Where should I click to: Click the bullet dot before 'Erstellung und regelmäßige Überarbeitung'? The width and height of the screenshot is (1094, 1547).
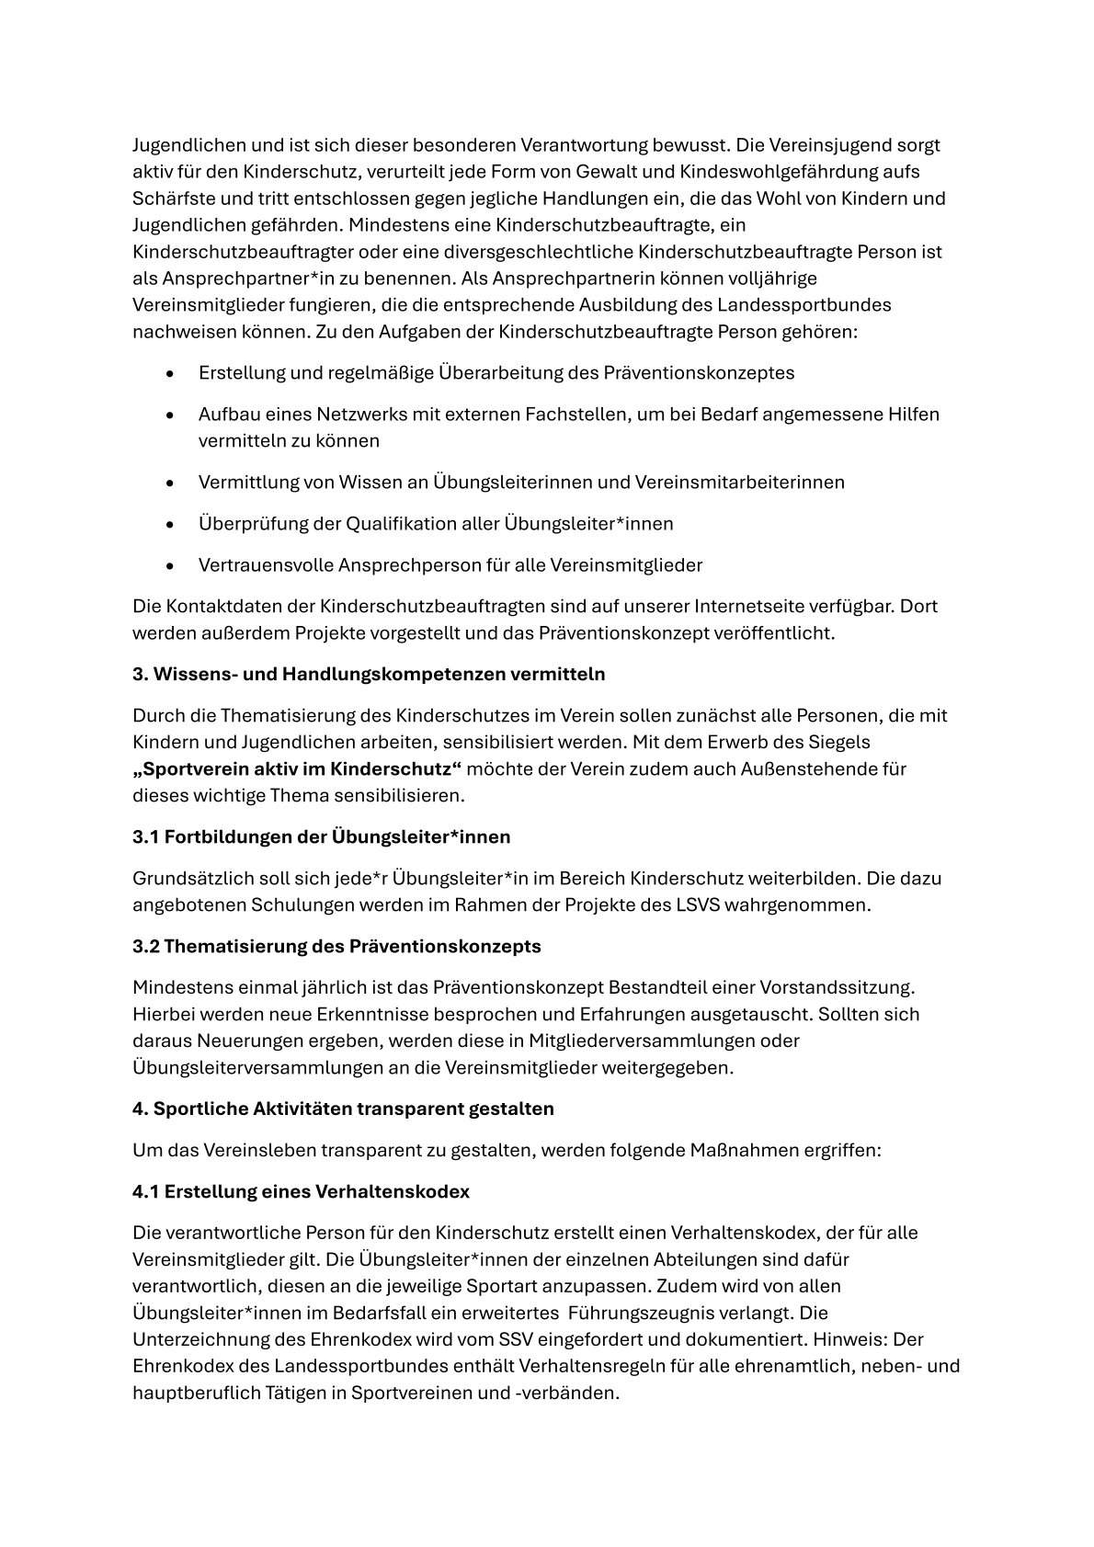tap(170, 374)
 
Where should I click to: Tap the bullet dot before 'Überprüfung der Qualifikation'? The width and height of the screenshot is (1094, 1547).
tap(170, 525)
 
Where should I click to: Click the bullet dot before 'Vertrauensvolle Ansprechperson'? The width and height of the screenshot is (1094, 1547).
tap(170, 566)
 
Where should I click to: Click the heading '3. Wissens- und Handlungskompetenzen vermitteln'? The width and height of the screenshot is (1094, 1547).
tap(369, 674)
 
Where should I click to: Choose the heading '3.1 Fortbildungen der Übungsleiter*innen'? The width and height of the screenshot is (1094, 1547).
tap(321, 837)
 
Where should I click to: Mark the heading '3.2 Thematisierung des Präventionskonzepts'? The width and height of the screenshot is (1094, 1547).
tap(336, 947)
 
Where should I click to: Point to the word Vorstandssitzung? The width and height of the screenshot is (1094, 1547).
tap(838, 988)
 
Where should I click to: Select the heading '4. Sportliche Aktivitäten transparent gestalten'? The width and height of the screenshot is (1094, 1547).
tap(343, 1109)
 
